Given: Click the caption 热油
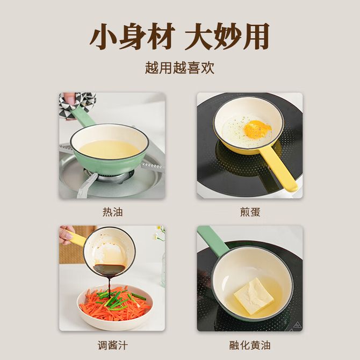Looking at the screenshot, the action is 112,212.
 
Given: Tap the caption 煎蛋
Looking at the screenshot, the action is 250,212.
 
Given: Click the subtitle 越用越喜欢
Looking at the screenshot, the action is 180,68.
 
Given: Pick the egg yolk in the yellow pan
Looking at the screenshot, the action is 257,128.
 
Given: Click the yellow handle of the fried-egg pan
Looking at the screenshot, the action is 279,168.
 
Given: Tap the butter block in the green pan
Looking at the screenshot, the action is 254,296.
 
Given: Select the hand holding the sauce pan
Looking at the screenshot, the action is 66,235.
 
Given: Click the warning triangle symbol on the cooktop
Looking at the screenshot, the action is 298,325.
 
